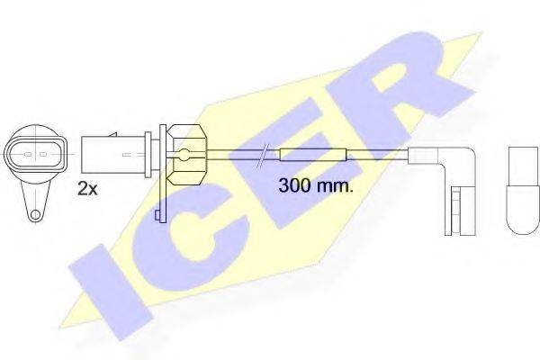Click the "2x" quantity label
pos(87,188)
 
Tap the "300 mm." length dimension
pos(312,187)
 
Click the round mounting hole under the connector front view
pos(35,214)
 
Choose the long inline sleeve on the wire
pos(313,155)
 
